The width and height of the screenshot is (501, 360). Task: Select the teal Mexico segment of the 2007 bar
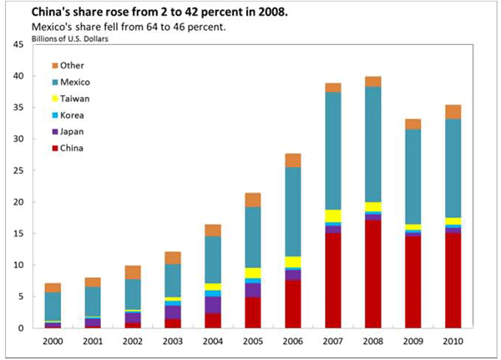point(332,150)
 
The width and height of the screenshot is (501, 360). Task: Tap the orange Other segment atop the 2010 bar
point(453,112)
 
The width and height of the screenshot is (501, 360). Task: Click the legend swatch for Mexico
point(55,82)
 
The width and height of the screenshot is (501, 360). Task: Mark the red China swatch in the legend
point(55,148)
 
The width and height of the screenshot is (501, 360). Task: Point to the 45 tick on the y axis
point(18,44)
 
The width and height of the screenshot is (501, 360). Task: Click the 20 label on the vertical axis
point(18,202)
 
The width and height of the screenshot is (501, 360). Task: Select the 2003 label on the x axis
point(172,341)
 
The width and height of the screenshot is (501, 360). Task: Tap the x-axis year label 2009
point(412,341)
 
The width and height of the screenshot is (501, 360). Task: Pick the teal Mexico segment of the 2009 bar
point(413,176)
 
